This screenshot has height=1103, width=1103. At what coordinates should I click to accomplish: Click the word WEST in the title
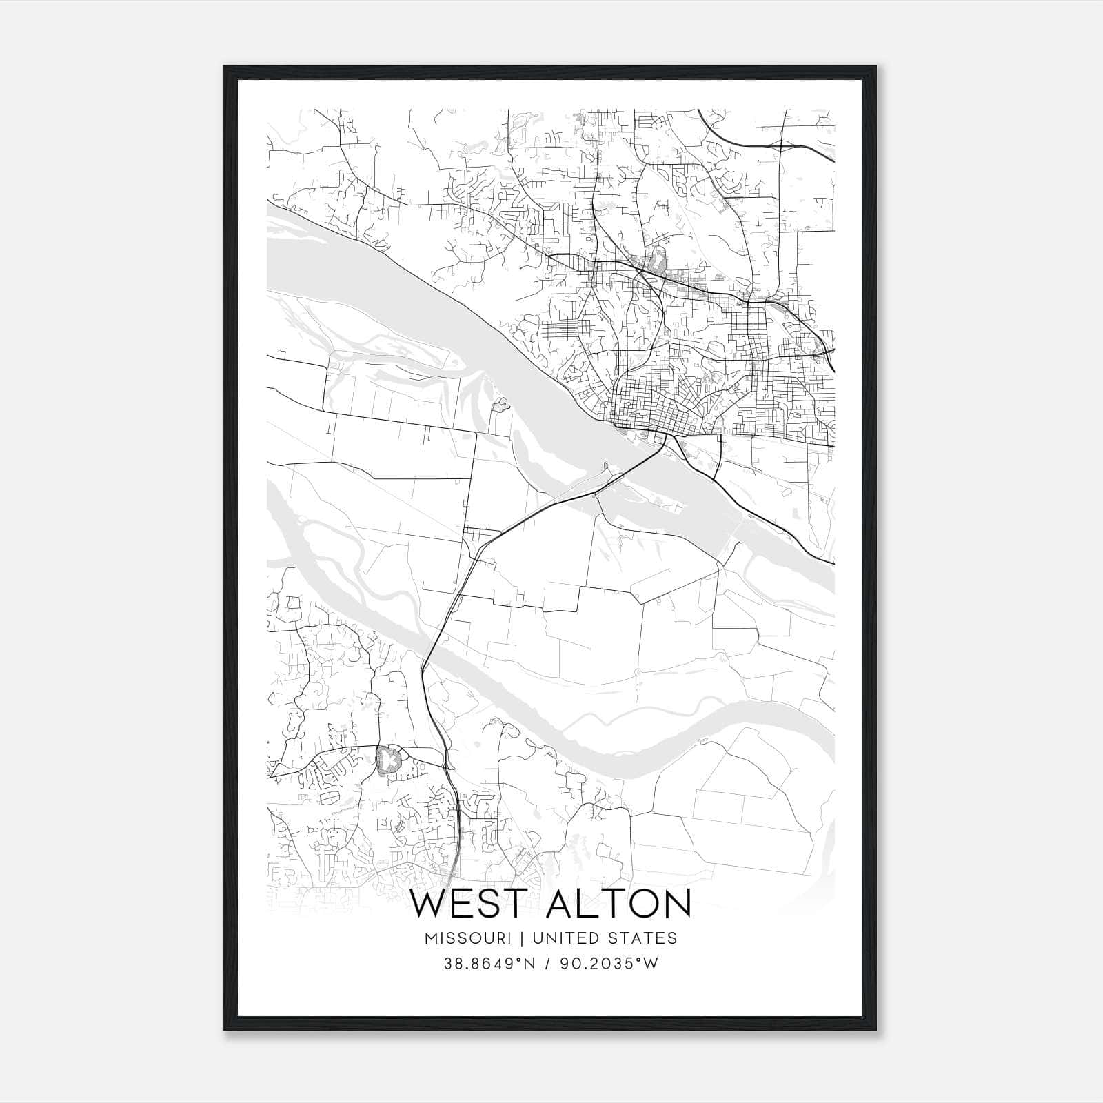[x=471, y=904]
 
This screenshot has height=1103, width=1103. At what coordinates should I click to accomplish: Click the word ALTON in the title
[x=618, y=904]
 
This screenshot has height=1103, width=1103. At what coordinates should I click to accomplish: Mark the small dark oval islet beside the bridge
[x=605, y=467]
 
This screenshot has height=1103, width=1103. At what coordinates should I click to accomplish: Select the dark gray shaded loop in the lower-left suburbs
[x=388, y=760]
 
